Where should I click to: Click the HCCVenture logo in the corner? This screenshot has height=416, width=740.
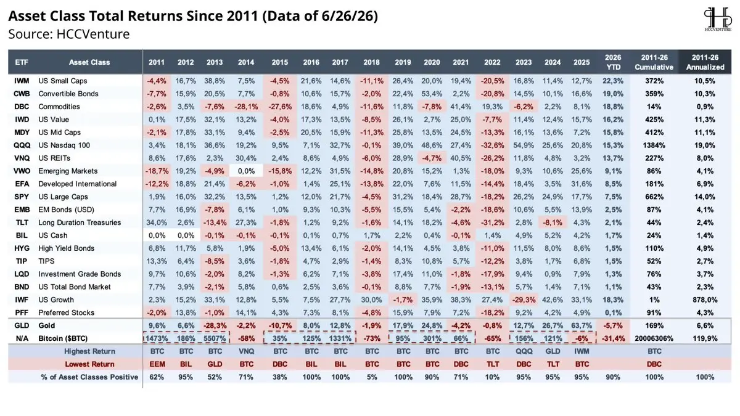(x=718, y=20)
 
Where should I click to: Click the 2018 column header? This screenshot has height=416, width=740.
(x=371, y=62)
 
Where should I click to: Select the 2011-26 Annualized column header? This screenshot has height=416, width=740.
(x=705, y=62)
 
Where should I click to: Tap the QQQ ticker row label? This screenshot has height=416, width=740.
(x=22, y=145)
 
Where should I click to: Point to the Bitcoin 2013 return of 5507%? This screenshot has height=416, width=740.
(x=215, y=338)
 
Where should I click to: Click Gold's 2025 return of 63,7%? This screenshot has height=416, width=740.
(x=582, y=325)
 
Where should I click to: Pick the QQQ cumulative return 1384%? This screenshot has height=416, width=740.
(x=654, y=145)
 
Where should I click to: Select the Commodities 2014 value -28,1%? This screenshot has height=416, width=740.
(x=246, y=107)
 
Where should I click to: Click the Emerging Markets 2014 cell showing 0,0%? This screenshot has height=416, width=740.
(x=246, y=171)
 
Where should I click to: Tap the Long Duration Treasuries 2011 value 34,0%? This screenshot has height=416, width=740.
(x=157, y=222)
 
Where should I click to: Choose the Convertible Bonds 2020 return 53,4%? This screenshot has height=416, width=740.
(x=432, y=94)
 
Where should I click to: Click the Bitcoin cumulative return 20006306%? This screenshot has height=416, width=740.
(x=654, y=338)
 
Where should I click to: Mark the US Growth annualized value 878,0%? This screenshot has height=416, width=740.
(x=705, y=300)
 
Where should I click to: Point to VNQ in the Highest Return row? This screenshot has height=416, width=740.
(x=246, y=351)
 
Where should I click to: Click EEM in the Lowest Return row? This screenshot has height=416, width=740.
(x=157, y=364)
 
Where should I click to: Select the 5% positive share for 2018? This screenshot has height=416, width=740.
(x=372, y=377)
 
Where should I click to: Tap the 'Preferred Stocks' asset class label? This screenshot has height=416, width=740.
(x=67, y=312)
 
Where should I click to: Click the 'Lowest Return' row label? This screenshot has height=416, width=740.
(x=89, y=364)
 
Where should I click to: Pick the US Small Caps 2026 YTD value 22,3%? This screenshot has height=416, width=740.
(x=613, y=81)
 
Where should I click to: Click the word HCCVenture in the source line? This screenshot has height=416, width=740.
(x=93, y=34)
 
